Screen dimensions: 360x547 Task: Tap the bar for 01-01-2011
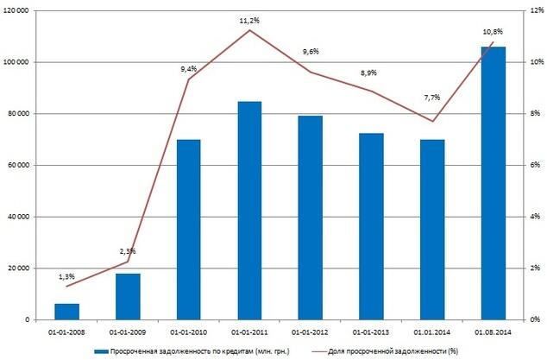249,211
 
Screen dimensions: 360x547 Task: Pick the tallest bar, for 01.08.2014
493,183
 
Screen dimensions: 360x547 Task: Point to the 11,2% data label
250,18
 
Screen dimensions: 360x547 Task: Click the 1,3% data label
67,275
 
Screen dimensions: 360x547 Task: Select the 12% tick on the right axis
534,11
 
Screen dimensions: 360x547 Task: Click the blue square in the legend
98,351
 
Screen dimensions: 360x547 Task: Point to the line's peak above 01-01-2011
250,30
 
